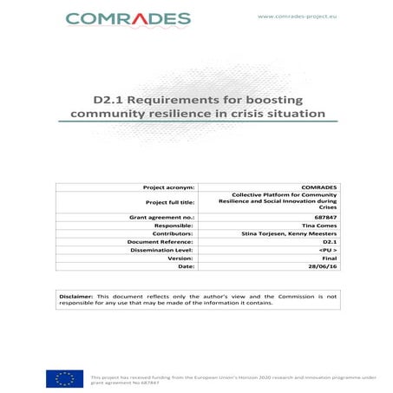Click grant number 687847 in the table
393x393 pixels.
[325, 221]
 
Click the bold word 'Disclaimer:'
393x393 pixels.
[78, 297]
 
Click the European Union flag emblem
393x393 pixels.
[65, 377]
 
